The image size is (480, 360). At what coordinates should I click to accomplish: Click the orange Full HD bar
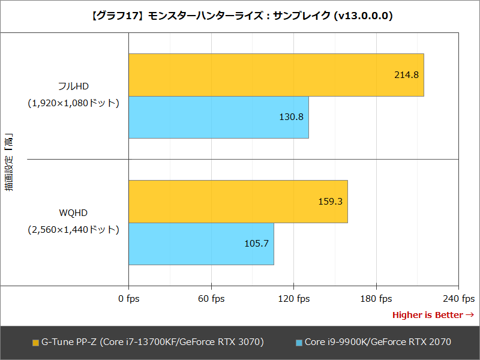click(276, 75)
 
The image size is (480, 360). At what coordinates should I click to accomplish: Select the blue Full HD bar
click(218, 118)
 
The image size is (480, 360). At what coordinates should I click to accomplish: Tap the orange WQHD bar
click(238, 202)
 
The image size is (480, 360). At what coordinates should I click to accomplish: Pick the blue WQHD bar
click(201, 244)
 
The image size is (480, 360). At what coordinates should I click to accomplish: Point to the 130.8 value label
click(291, 118)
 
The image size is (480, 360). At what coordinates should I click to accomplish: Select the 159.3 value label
click(330, 202)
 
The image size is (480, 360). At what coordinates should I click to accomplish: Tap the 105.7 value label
click(256, 244)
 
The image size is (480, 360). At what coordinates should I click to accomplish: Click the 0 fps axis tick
click(129, 299)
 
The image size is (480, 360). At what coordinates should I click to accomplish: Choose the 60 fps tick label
click(211, 299)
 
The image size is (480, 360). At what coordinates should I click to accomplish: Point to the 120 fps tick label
click(293, 299)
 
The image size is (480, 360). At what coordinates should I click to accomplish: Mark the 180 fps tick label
click(376, 299)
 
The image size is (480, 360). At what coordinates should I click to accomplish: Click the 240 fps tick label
click(458, 299)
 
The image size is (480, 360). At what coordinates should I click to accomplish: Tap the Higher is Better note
click(433, 315)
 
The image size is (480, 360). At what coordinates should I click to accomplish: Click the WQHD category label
click(74, 212)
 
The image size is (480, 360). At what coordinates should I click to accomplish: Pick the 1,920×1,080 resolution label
click(74, 103)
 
